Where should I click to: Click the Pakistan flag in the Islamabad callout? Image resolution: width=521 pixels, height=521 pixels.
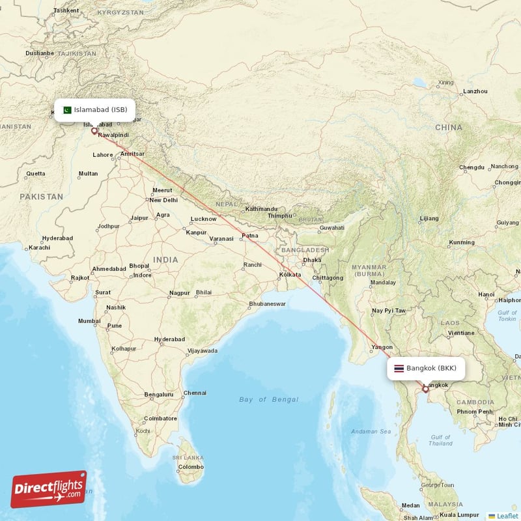(x=66, y=109)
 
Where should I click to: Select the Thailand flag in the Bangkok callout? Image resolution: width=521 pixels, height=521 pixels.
(x=399, y=368)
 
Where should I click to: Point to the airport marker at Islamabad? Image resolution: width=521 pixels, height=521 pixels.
(x=94, y=131)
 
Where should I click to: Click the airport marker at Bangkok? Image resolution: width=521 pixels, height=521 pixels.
(x=425, y=389)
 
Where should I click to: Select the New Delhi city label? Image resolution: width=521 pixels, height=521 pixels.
(x=163, y=200)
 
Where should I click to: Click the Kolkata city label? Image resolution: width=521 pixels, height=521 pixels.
(x=289, y=275)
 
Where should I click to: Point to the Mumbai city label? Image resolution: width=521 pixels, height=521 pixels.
(x=89, y=321)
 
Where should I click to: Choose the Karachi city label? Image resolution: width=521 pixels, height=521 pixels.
(x=39, y=247)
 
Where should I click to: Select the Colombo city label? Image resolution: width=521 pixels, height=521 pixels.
(x=191, y=467)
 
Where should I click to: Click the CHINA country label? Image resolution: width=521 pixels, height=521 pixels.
(x=449, y=127)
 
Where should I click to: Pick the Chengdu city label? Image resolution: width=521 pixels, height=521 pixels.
(x=472, y=167)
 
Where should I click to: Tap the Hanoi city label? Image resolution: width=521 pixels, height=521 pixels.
(x=486, y=294)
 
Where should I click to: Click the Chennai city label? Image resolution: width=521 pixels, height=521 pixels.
(x=195, y=393)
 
